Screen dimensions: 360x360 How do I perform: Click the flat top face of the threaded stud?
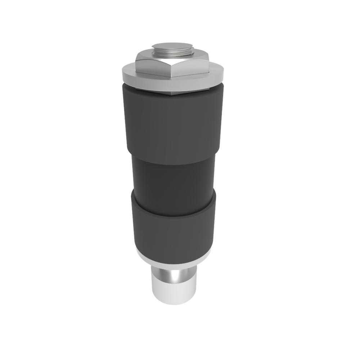[x=172, y=46]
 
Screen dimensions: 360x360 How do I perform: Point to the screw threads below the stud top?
[x=172, y=53]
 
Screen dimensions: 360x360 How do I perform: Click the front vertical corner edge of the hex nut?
[x=171, y=70]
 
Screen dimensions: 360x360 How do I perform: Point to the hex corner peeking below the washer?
[x=172, y=94]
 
